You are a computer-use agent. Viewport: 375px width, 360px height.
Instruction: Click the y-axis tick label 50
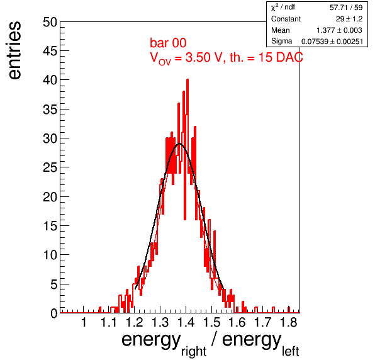click(50, 22)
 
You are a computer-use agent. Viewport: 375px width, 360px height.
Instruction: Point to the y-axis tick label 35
click(50, 110)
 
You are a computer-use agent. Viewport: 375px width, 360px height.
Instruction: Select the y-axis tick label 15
click(50, 226)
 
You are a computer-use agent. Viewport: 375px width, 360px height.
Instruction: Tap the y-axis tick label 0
click(54, 313)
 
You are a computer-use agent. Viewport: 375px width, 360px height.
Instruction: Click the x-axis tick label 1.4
click(186, 322)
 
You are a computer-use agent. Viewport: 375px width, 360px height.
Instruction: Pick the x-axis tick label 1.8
click(288, 322)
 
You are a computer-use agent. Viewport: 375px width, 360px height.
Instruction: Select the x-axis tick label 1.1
click(109, 322)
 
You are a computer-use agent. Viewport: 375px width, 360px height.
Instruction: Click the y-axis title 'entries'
click(15, 50)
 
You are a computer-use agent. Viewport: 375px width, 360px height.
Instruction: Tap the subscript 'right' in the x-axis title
click(194, 352)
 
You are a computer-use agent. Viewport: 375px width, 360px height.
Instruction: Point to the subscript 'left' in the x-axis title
click(290, 351)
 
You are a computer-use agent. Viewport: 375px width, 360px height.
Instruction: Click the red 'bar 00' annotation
click(168, 43)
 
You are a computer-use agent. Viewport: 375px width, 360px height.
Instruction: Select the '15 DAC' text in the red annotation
click(281, 57)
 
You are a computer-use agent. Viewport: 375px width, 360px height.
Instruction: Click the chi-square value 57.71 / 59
click(346, 8)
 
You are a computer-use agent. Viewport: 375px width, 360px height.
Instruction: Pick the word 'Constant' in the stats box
click(286, 19)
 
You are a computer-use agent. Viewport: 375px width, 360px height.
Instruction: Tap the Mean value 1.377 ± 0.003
click(339, 30)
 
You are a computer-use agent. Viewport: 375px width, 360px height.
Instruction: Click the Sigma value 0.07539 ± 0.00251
click(332, 42)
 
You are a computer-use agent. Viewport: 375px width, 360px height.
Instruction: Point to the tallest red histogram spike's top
click(187, 80)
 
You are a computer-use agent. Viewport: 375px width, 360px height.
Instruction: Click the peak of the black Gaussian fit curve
click(179, 143)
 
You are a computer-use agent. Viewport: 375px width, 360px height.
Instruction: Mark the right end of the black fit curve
click(223, 289)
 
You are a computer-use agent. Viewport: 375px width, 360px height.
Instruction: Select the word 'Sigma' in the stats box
click(281, 41)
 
